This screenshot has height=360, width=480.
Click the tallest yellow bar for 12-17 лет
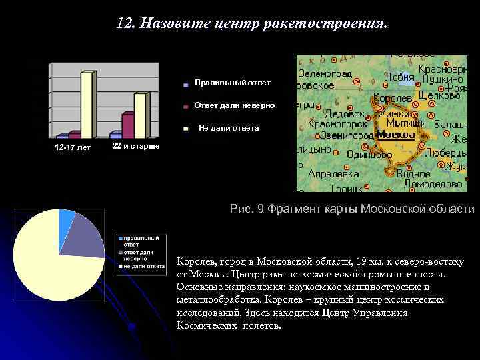[87, 103]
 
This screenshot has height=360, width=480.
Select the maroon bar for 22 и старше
[127, 125]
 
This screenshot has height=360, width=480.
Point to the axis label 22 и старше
[136, 145]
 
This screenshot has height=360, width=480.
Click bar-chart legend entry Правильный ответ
[232, 83]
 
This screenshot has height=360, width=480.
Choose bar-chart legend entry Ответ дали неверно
[233, 105]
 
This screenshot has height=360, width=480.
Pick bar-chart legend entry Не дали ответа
[229, 128]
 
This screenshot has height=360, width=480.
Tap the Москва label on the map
[395, 135]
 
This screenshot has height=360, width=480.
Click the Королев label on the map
[393, 99]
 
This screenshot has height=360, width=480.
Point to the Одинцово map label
[369, 154]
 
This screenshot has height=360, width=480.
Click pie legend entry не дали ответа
[143, 265]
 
